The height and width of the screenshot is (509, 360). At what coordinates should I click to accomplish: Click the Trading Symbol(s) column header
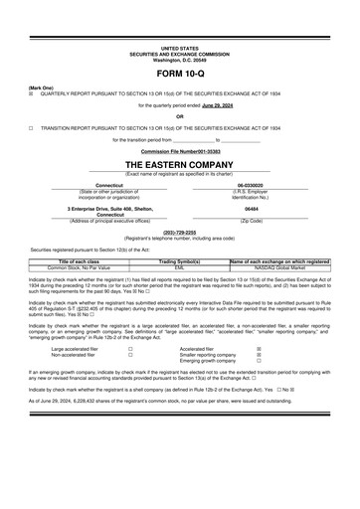[179, 261]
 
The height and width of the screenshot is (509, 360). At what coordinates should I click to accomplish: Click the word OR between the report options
[180, 115]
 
